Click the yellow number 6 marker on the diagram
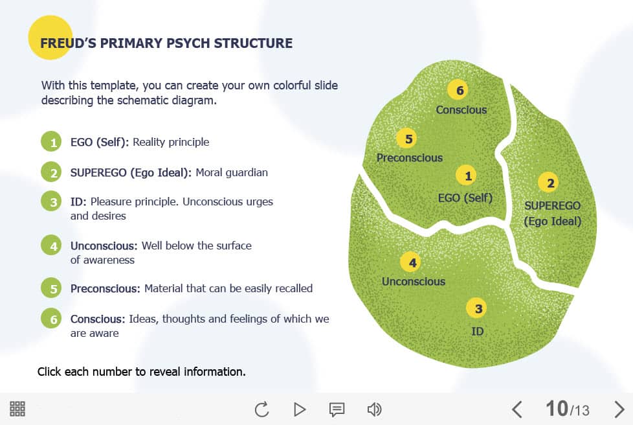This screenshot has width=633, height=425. [460, 89]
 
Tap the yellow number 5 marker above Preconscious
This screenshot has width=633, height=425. [408, 139]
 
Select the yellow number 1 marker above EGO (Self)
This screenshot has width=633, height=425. [467, 176]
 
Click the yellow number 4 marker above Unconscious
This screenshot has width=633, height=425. [412, 262]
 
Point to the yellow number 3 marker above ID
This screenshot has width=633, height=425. [478, 308]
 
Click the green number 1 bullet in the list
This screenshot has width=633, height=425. [51, 142]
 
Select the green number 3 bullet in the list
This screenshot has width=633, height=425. [51, 201]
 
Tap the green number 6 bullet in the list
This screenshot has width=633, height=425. [51, 319]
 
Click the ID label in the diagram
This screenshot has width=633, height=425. [478, 332]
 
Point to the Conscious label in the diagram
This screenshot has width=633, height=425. [461, 110]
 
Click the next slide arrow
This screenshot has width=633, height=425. [619, 409]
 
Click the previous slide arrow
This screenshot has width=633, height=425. [517, 409]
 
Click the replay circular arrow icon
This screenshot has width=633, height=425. [261, 409]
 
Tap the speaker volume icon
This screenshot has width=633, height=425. [374, 409]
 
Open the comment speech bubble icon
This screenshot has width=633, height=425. [337, 409]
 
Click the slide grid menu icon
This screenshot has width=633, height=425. [17, 409]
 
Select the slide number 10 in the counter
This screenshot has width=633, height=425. [557, 408]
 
